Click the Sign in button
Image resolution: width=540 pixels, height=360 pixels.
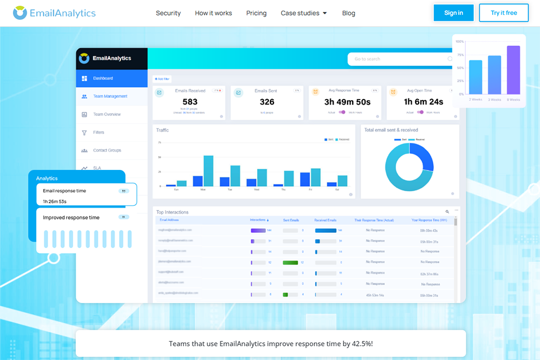453,13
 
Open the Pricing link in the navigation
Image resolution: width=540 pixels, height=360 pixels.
256,13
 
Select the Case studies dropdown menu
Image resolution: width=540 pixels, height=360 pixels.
304,13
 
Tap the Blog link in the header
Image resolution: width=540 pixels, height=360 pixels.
349,13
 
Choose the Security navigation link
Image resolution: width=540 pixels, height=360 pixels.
168,13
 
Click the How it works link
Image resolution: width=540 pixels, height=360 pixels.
213,13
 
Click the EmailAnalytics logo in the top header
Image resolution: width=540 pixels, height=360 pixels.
55,13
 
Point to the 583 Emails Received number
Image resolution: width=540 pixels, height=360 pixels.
190,102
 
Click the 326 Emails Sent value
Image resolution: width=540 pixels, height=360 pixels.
267,102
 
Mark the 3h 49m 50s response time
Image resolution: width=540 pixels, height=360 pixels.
347,102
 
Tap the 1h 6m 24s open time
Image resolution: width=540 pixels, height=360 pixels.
424,102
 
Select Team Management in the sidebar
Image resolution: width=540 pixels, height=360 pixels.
110,96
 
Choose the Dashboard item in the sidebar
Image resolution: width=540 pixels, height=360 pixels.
103,78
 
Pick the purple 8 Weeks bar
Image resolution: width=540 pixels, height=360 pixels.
513,70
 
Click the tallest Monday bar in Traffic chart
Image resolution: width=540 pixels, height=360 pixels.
208,171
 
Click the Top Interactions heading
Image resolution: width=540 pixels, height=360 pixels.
173,212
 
